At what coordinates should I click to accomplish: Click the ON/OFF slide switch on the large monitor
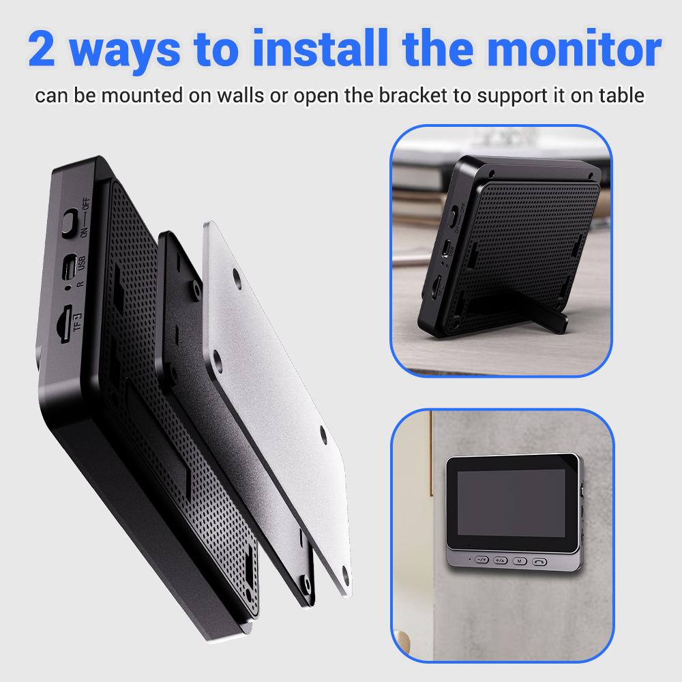click(x=70, y=223)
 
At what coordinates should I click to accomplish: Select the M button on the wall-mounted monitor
click(x=520, y=560)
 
